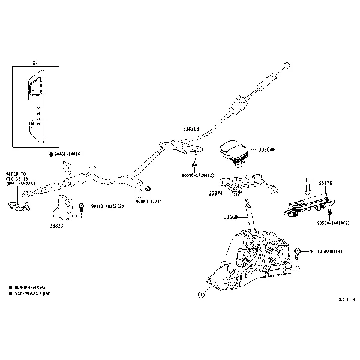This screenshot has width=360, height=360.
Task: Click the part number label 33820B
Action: pyautogui.click(x=191, y=128)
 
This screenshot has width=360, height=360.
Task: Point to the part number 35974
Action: pyautogui.click(x=216, y=193)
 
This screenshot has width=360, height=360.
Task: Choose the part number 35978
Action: pyautogui.click(x=326, y=182)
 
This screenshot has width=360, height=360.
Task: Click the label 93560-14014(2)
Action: pyautogui.click(x=334, y=223)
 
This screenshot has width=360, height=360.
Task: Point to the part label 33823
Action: pyautogui.click(x=56, y=227)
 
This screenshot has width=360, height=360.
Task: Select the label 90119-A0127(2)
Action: pyautogui.click(x=107, y=206)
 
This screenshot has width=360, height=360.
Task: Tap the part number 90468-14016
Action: pyautogui.click(x=67, y=154)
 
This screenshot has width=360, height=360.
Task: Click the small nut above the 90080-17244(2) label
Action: pyautogui.click(x=195, y=164)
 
